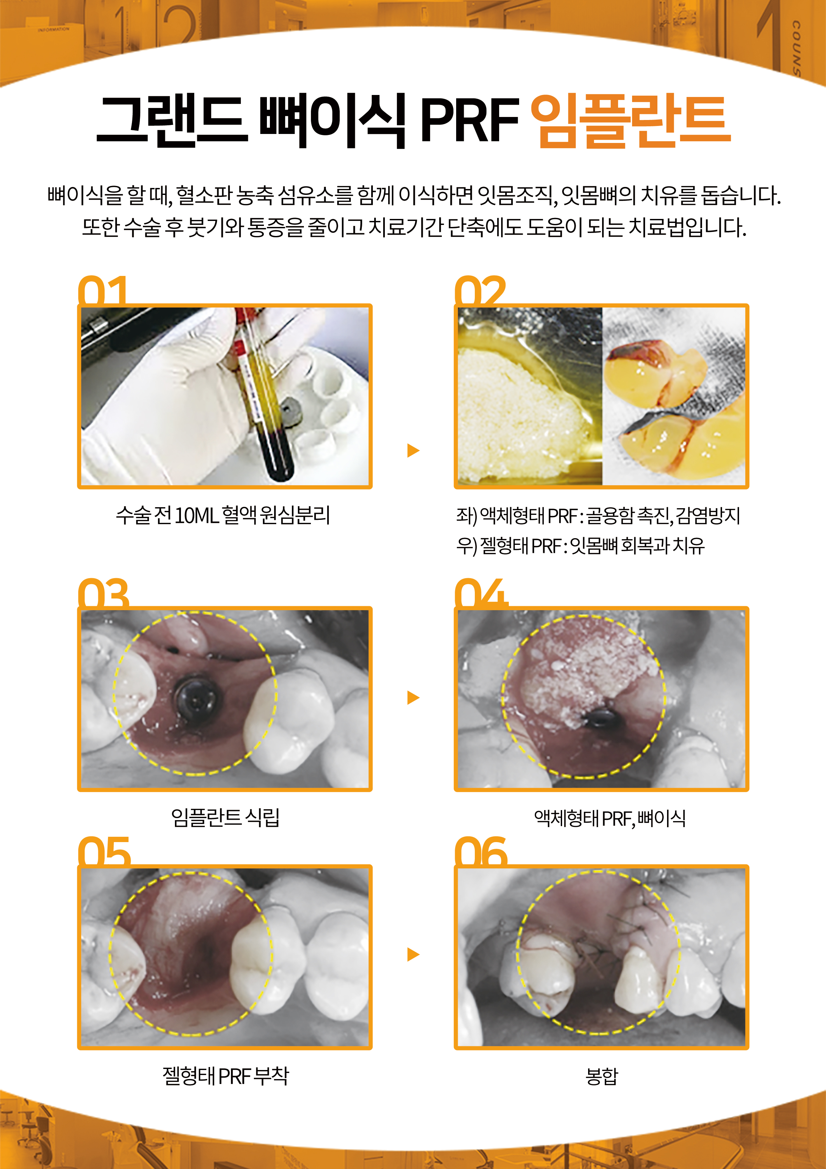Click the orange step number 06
pos(480,852)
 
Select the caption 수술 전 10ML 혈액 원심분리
pos(223,515)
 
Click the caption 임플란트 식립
pos(225,818)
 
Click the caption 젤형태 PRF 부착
pos(225,1076)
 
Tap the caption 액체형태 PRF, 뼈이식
pos(609,818)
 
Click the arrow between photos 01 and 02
pos(413,450)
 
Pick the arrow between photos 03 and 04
pos(413,697)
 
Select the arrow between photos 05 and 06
pos(413,955)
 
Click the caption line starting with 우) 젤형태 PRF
pos(580,546)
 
